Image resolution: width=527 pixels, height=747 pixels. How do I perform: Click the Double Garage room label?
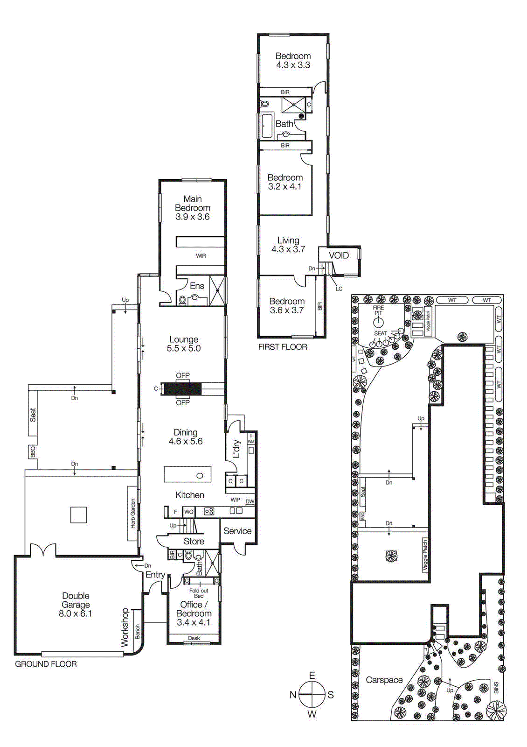coord(76,605)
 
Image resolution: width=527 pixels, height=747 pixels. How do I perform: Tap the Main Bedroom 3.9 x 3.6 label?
coord(193,208)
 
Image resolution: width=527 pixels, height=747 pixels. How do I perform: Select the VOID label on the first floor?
coord(339,255)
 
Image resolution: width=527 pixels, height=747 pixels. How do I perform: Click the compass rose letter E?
coord(312,676)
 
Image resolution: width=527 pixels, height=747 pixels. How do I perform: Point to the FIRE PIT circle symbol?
coord(378,322)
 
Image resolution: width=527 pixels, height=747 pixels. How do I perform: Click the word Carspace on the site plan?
coord(384,680)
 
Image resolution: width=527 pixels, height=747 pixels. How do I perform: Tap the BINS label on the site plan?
coord(496,688)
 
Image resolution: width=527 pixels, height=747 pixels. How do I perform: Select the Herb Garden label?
coord(133,514)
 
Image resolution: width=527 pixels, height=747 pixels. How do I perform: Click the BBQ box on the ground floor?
coord(33,451)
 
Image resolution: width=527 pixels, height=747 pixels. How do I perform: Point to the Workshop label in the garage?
coord(125,627)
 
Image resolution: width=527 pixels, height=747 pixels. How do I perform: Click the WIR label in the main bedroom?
coord(201,256)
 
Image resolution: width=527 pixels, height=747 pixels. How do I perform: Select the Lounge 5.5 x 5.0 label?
coord(184,344)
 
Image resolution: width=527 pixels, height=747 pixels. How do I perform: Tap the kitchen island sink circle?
coord(200,476)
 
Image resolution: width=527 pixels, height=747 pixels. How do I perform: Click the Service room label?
coord(237,531)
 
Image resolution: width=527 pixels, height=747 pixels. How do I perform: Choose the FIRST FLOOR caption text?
coord(283,347)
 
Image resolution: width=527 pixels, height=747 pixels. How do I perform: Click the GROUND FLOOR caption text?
coord(46,664)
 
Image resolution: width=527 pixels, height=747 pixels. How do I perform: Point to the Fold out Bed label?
coord(199,593)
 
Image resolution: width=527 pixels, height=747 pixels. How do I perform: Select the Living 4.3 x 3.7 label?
coord(288,245)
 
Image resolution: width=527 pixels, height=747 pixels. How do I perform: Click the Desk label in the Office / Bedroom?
coord(194,638)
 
